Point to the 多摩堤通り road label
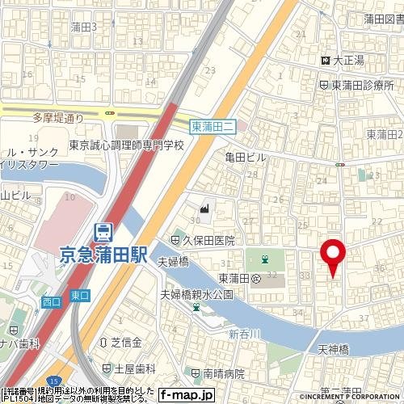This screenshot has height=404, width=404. tap(58, 117)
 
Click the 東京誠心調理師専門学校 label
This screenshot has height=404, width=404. tap(126, 145)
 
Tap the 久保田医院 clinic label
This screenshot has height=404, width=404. tap(208, 240)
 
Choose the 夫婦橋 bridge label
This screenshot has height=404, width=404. tap(173, 260)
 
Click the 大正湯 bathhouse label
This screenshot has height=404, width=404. tap(348, 61)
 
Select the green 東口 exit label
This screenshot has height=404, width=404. tap(78, 296)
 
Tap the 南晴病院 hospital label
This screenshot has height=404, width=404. tap(223, 373)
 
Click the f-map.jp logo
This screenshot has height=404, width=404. tap(186, 394)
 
